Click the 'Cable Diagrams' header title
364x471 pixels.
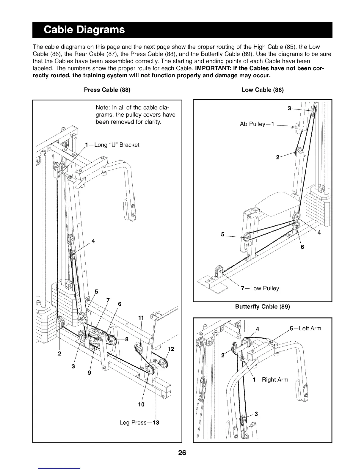84,30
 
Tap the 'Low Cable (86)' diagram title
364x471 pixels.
263,90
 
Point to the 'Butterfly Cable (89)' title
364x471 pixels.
262,307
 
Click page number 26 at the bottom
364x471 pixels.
182,453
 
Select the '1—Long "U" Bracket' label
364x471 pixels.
112,145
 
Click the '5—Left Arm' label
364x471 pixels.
305,329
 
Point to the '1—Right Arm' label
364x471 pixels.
270,380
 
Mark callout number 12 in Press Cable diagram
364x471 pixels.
171,349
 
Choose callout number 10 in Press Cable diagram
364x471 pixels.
141,404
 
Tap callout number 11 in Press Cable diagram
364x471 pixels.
141,318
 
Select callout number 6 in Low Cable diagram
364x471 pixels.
302,247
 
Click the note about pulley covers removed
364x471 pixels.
135,114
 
